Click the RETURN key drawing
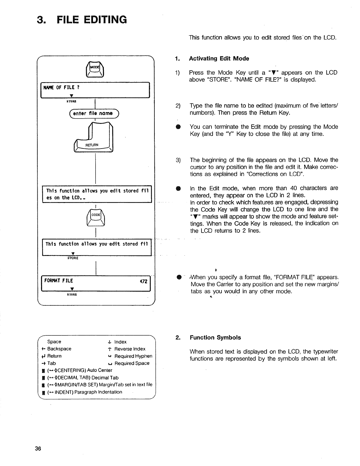pos(94,138)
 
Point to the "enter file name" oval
pos(93,113)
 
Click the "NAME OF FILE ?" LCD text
pos(61,87)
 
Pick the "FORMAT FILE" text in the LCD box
pos(59,281)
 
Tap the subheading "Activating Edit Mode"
pos(219,59)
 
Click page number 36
pos(38,449)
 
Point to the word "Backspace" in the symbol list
pos(59,349)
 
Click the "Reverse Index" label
pos(130,349)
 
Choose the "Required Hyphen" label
pos(133,356)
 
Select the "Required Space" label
pos(132,363)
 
